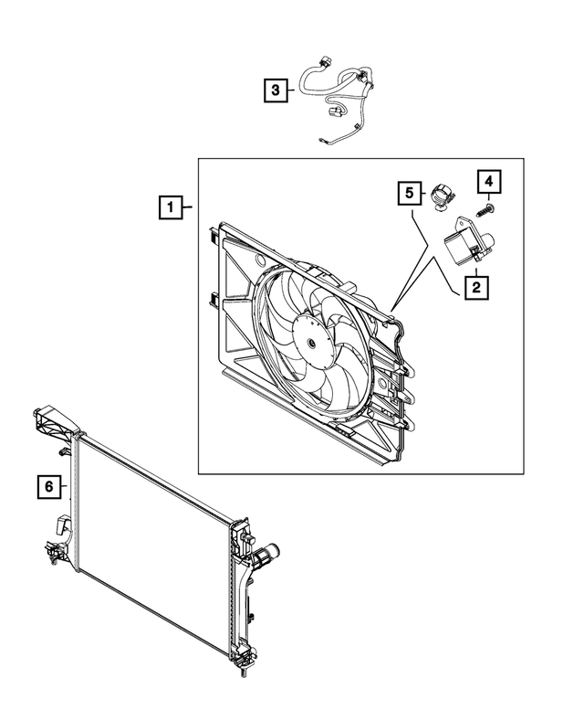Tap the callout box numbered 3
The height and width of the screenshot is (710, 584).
point(274,90)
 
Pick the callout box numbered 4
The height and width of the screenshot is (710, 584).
point(487,181)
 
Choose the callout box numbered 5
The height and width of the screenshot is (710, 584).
point(410,194)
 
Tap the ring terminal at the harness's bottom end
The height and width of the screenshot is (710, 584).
point(324,140)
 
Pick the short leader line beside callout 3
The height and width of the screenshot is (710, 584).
point(289,90)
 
